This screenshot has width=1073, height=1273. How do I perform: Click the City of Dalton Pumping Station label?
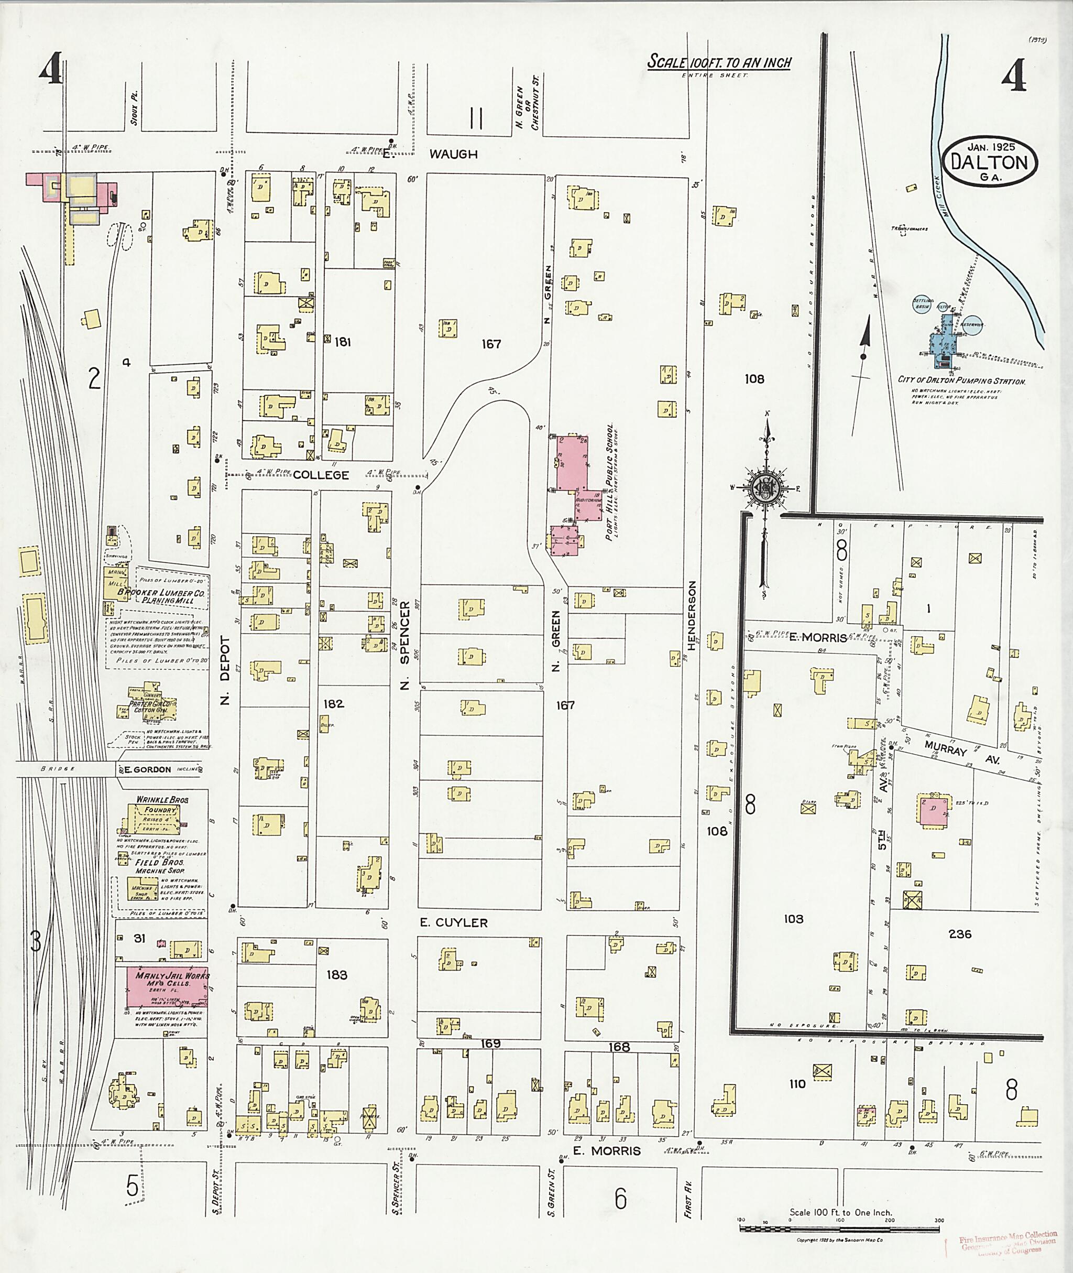pos(961,381)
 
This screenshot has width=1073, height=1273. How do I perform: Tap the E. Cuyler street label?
pos(454,922)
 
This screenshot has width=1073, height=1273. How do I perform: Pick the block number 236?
pos(960,933)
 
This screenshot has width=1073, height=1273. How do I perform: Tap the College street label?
pos(321,475)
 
